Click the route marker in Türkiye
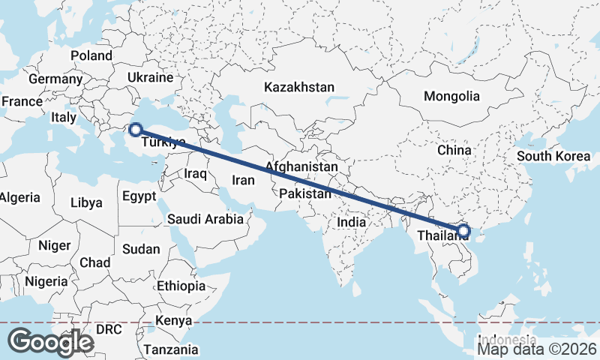click(x=136, y=129)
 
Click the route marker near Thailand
click(x=463, y=229)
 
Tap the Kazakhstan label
click(x=298, y=88)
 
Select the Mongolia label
click(x=451, y=96)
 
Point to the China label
click(x=454, y=150)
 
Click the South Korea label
click(x=553, y=157)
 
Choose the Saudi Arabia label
click(x=205, y=219)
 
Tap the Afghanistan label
click(x=301, y=166)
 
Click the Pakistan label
click(x=304, y=194)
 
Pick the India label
click(x=351, y=222)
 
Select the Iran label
click(x=243, y=180)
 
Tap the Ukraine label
click(x=151, y=77)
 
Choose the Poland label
click(x=91, y=55)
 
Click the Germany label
click(x=55, y=79)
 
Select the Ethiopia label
click(x=181, y=286)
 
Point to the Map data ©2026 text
click(x=537, y=349)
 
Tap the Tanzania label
click(x=172, y=349)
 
